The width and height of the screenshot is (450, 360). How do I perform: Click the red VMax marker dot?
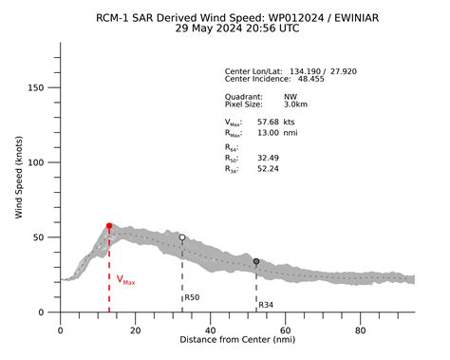pyautogui.click(x=109, y=226)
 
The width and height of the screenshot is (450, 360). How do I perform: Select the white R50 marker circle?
pyautogui.click(x=182, y=237)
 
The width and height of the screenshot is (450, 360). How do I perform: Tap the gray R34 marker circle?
pyautogui.click(x=256, y=261)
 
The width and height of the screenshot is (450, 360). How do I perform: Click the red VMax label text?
pyautogui.click(x=125, y=280)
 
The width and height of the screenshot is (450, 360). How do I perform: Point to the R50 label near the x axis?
pyautogui.click(x=192, y=297)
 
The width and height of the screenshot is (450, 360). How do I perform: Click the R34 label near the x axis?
pyautogui.click(x=267, y=305)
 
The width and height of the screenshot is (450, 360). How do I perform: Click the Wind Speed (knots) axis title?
pyautogui.click(x=19, y=178)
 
